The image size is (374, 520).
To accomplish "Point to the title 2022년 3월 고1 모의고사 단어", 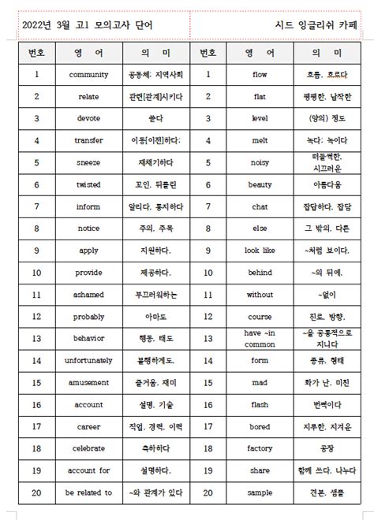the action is [88, 24].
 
